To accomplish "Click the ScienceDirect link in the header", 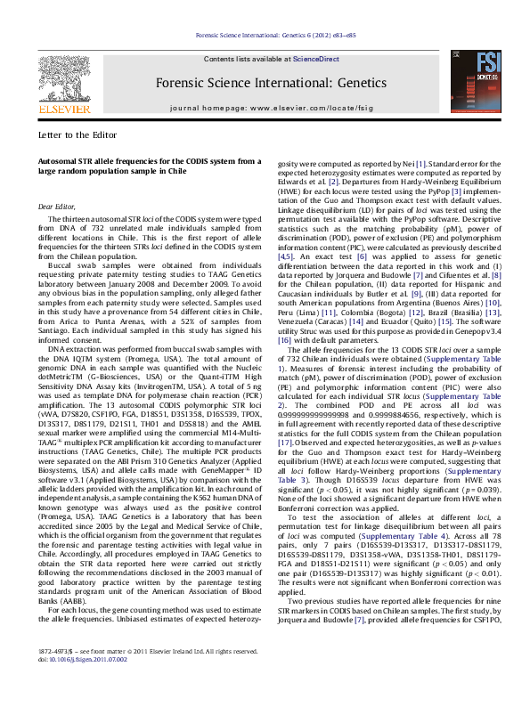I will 313,59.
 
